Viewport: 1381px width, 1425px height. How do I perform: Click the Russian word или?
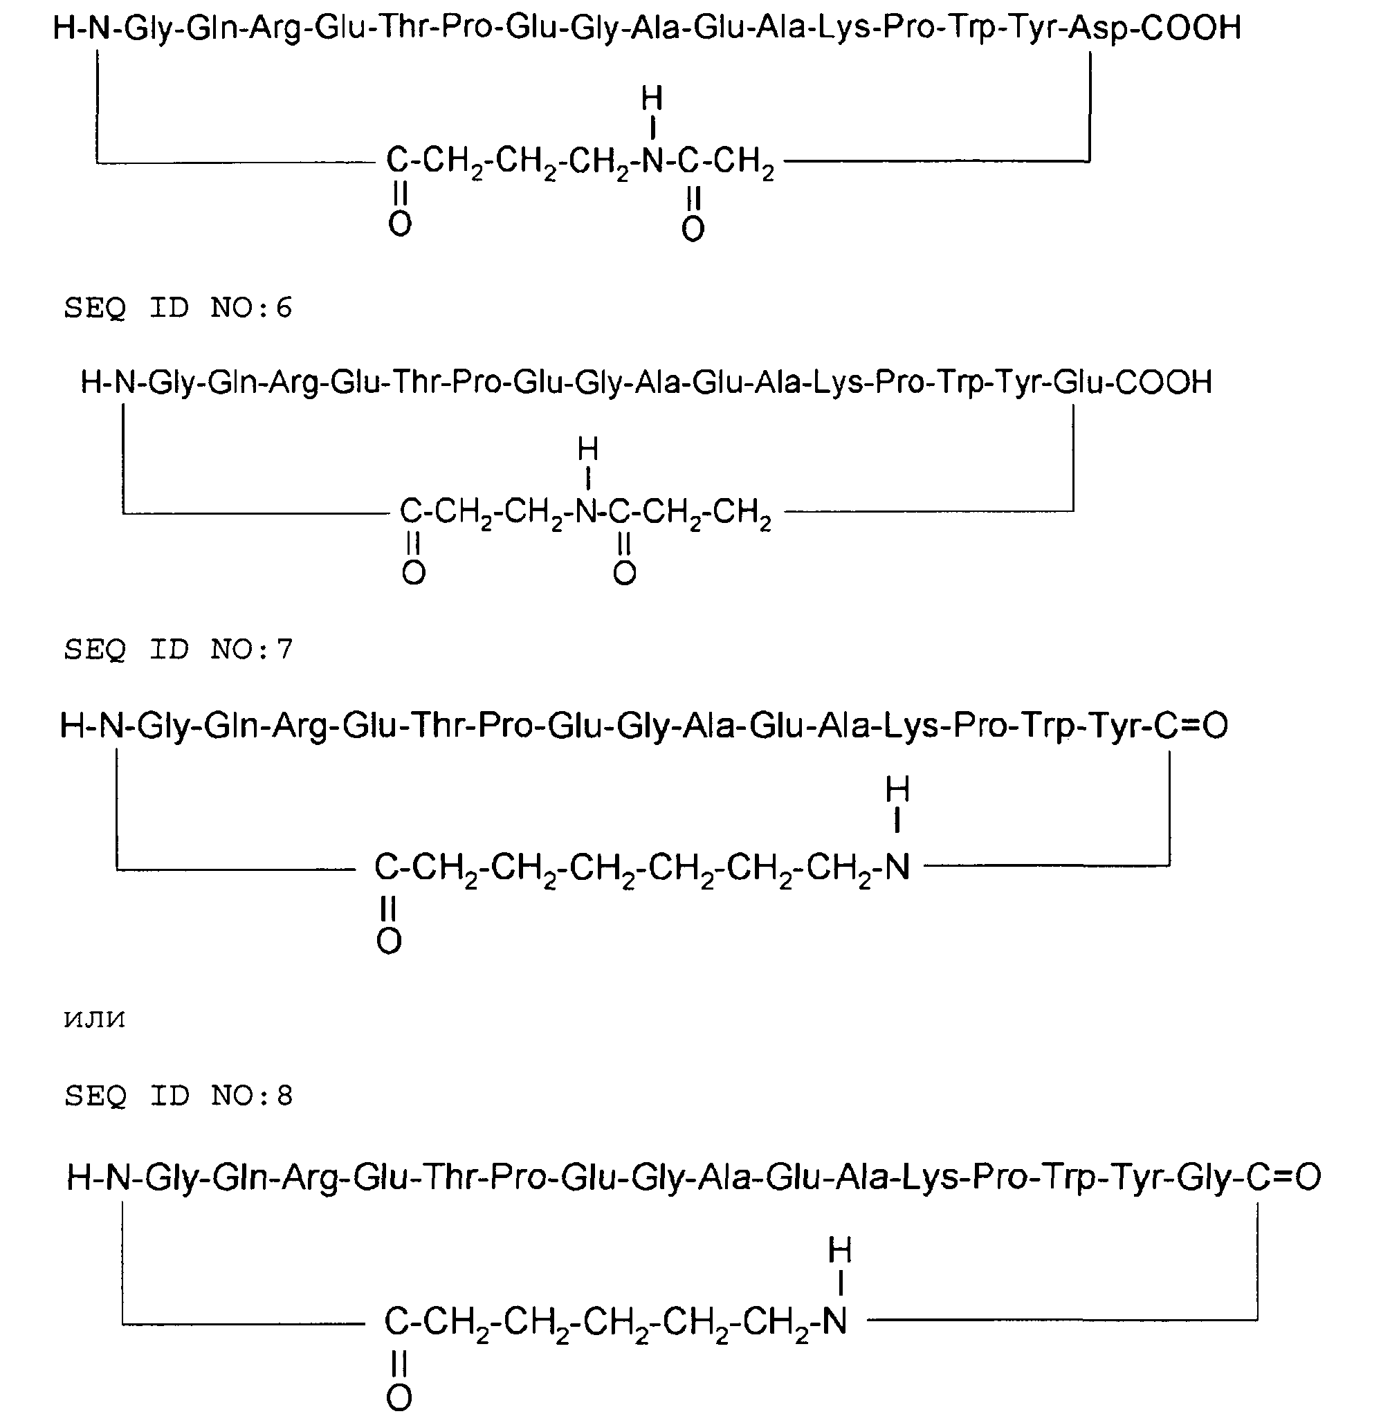(x=95, y=1020)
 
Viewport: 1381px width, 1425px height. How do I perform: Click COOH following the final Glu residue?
(x=1164, y=383)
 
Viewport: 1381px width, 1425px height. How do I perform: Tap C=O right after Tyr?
(x=1191, y=725)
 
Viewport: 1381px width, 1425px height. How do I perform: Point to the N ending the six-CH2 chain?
(x=897, y=867)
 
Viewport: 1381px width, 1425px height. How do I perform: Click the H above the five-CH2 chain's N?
(x=840, y=1251)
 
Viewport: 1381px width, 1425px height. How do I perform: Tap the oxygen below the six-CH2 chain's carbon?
(x=389, y=941)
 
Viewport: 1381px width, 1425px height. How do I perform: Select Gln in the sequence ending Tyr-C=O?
(x=231, y=726)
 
